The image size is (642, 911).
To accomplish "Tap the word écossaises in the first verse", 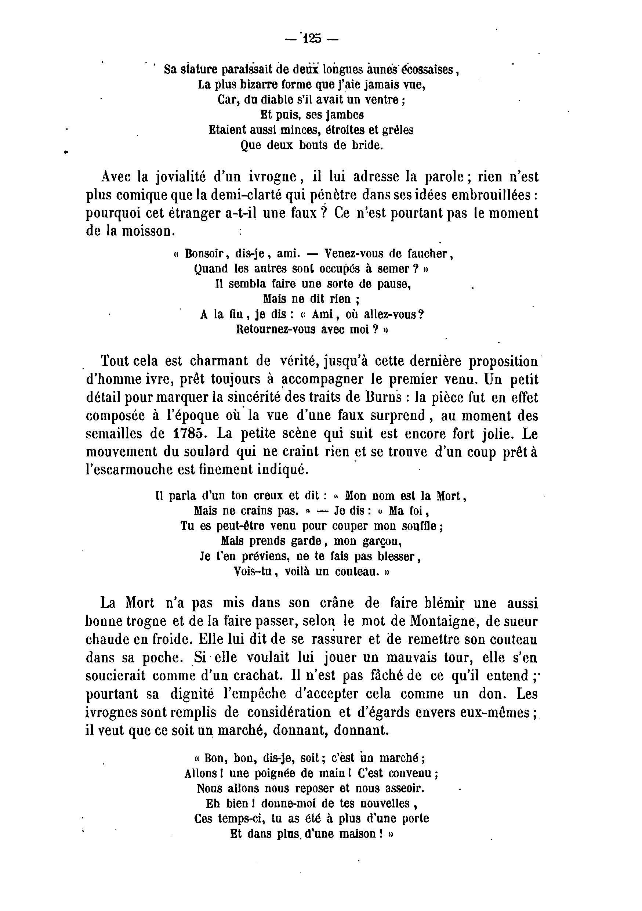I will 424,70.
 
